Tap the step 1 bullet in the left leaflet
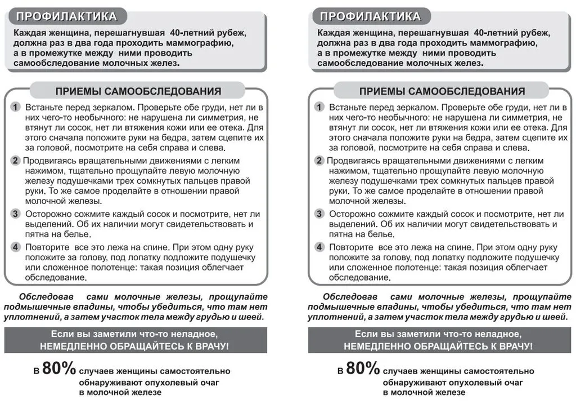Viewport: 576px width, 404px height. [x=16, y=107]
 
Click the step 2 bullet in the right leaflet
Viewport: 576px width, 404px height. [x=319, y=161]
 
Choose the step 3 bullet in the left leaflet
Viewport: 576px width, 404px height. [x=16, y=214]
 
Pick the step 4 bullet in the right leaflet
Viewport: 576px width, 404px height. [x=319, y=247]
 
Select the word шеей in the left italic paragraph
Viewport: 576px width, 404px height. [x=251, y=317]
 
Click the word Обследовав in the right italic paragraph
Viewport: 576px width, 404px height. [x=348, y=296]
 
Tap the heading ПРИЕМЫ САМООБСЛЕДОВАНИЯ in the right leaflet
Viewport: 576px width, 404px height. [x=442, y=91]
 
